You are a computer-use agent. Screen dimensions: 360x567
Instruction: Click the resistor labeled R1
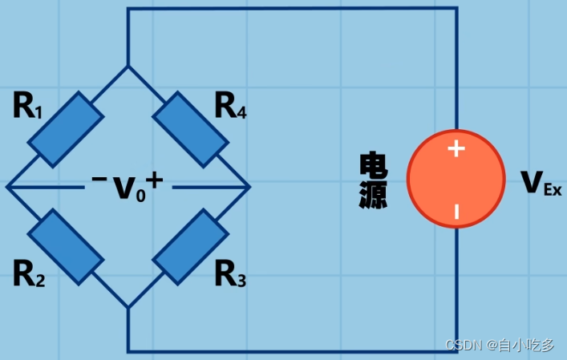click(x=66, y=129)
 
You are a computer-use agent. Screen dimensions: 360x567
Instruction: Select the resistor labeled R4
click(x=190, y=129)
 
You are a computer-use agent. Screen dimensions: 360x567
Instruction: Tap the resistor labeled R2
click(x=66, y=247)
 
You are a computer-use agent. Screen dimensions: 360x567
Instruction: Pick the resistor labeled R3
click(x=190, y=247)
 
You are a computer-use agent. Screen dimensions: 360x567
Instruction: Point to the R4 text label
click(x=230, y=106)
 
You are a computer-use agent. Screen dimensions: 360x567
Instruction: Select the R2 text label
click(x=28, y=275)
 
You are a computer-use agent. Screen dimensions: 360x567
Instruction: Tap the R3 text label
click(x=230, y=275)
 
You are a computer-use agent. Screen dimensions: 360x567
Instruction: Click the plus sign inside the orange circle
click(x=456, y=148)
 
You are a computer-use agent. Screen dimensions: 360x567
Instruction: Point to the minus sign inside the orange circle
click(x=456, y=212)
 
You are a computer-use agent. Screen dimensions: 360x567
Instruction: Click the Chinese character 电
click(x=373, y=167)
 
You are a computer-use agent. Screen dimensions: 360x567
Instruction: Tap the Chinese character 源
click(x=373, y=195)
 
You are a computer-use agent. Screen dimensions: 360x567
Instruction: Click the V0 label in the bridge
click(x=128, y=188)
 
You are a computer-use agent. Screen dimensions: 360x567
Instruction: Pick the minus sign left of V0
click(x=99, y=179)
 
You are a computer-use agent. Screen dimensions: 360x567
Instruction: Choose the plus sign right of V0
click(x=154, y=181)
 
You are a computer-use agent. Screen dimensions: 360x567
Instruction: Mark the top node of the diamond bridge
click(x=128, y=66)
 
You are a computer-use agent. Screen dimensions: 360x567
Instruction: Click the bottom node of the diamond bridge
click(x=128, y=307)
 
